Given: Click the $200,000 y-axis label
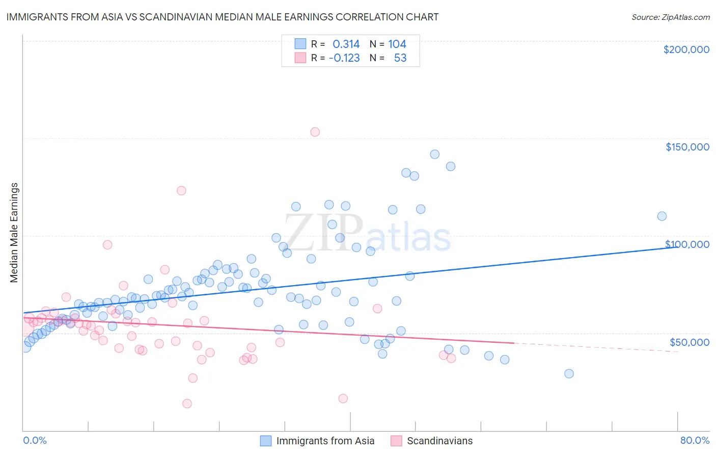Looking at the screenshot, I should (686, 49).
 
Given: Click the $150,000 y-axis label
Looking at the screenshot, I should (687, 147).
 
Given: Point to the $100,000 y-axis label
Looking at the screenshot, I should (687, 244).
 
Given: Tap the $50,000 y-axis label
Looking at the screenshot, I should (689, 342).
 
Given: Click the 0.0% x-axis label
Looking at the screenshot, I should (35, 440).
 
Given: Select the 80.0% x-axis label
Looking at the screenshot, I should (695, 440).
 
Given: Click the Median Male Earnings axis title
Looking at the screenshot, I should (14, 233).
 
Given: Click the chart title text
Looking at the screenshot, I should (222, 17).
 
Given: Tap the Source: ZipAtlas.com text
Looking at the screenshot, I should (670, 17).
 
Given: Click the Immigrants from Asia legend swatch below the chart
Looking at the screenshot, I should (266, 441).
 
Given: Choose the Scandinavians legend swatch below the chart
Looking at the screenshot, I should (396, 441).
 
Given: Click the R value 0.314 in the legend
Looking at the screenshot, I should (346, 44).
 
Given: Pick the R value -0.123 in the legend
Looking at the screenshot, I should (344, 58).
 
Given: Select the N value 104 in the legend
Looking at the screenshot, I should (397, 44).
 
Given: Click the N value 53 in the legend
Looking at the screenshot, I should (400, 58).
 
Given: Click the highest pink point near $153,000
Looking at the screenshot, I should (315, 132).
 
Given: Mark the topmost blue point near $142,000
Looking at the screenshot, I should (434, 154).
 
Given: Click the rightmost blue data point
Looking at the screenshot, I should (662, 216).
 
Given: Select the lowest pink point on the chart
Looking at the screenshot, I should (187, 403).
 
